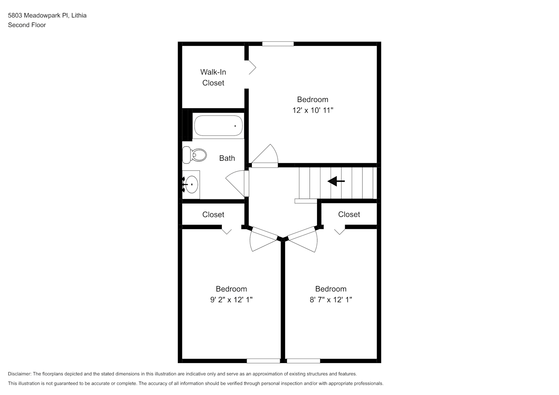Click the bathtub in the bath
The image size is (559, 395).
(218, 126)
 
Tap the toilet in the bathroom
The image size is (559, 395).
(195, 155)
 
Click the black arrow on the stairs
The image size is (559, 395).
(336, 181)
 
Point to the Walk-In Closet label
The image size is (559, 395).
(213, 77)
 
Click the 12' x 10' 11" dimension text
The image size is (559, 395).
(313, 110)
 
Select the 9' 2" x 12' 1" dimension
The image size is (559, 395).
(231, 299)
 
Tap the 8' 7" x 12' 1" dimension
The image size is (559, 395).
(331, 299)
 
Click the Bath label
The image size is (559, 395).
(227, 158)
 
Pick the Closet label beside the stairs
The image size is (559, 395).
(349, 214)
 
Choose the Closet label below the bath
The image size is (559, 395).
(213, 214)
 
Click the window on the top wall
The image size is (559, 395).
(278, 44)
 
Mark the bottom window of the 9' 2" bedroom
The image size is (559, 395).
(263, 361)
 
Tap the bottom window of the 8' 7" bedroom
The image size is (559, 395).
(304, 361)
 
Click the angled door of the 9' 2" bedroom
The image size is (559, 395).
(263, 239)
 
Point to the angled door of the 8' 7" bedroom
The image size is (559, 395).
(302, 239)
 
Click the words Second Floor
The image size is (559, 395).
(27, 25)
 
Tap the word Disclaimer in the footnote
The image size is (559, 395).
(20, 374)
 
